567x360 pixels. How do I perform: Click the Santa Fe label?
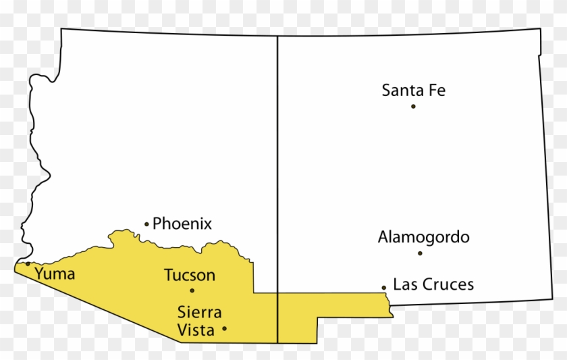tap(413, 90)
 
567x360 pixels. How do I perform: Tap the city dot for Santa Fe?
tap(413, 106)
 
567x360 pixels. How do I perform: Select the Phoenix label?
tap(182, 224)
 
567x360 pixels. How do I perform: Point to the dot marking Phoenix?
tap(146, 224)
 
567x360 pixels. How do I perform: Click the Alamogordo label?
tap(423, 237)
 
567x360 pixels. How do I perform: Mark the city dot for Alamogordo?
tap(420, 253)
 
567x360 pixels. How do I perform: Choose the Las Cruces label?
tap(433, 284)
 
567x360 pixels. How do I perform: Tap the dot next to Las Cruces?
tap(384, 287)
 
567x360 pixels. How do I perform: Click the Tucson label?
tap(190, 276)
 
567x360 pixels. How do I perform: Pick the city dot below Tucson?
tap(192, 290)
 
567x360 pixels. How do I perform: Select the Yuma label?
tap(55, 274)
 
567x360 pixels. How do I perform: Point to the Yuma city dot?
tap(28, 263)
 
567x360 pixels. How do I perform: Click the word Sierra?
tap(199, 313)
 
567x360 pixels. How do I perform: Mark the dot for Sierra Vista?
tap(224, 329)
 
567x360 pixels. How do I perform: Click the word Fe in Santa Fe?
tap(436, 90)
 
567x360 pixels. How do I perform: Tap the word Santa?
tap(402, 90)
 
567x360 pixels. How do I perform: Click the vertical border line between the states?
tap(278, 169)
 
